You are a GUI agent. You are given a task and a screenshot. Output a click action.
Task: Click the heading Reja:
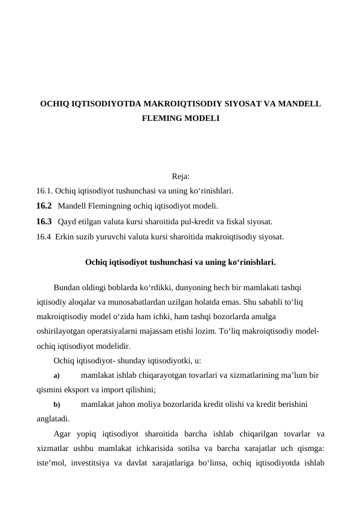pyautogui.click(x=181, y=177)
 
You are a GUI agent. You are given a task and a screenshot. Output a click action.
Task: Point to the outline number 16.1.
pyautogui.click(x=44, y=190)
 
